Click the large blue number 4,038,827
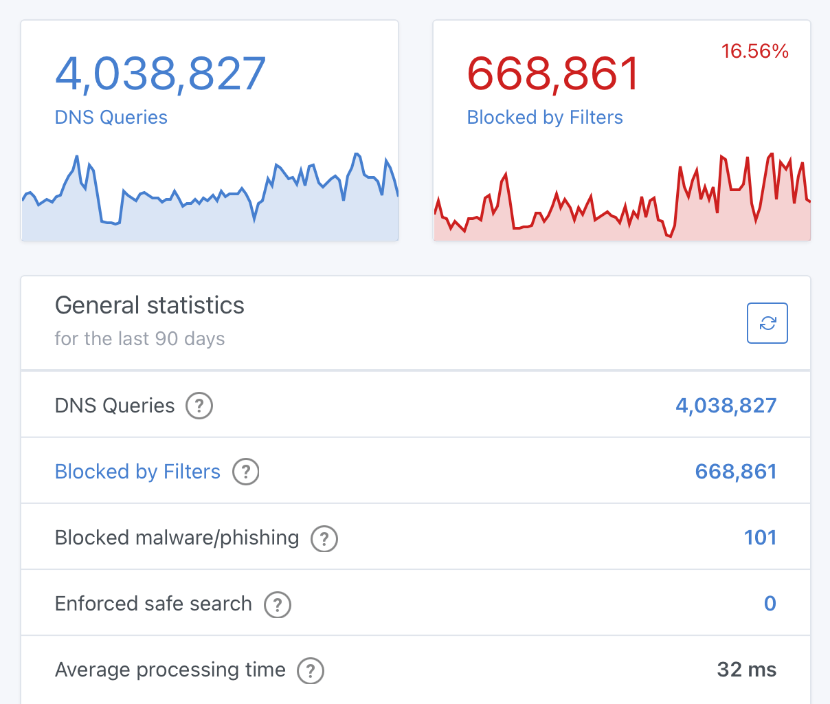(160, 74)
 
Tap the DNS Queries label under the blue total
(111, 118)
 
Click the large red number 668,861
(553, 74)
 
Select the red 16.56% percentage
(754, 52)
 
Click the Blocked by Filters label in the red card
(544, 118)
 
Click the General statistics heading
(149, 305)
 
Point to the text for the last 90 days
(139, 339)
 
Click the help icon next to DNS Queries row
(199, 406)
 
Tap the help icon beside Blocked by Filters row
(246, 472)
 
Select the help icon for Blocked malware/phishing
(324, 538)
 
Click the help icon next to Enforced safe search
(278, 604)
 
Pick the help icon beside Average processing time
(311, 670)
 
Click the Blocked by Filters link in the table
(137, 472)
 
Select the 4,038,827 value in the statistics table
(726, 406)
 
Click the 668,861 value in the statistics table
(735, 472)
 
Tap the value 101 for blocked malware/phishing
(760, 538)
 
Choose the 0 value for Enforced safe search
(770, 604)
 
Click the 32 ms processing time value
(746, 670)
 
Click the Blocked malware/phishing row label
(177, 538)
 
